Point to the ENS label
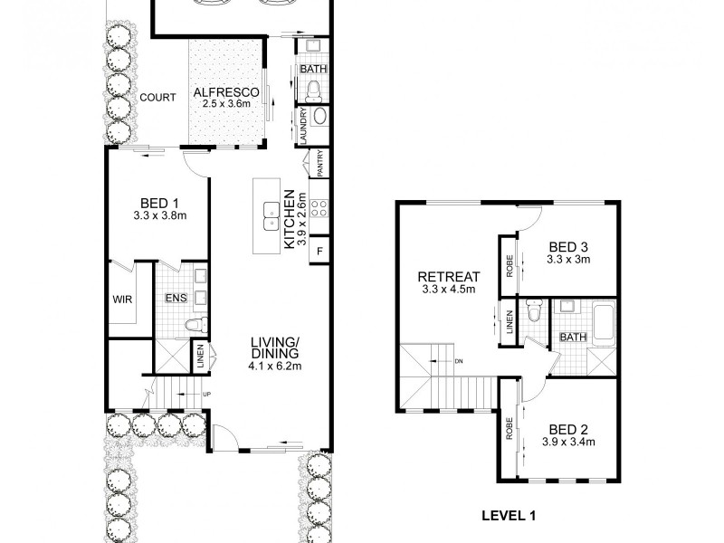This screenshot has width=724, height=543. (176, 296)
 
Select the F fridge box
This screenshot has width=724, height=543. (319, 250)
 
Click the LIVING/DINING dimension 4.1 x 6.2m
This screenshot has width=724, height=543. (276, 366)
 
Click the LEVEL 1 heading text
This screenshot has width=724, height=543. (507, 517)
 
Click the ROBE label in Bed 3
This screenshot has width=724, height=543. (510, 266)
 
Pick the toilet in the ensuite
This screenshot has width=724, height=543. (193, 325)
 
